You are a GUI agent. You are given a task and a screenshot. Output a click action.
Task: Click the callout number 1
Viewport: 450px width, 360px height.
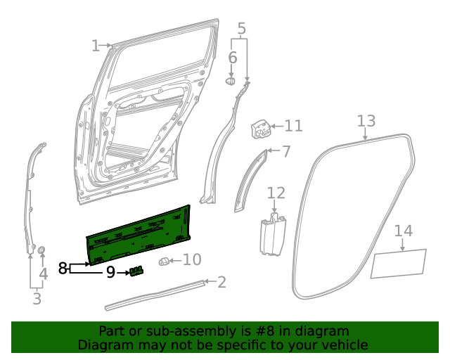tap(96, 46)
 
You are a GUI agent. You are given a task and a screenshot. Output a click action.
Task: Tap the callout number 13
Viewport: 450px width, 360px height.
tap(366, 121)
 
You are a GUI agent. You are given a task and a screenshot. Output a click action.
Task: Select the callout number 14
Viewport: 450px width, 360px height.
tap(403, 231)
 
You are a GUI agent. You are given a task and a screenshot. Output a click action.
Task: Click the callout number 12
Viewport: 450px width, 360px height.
tap(276, 193)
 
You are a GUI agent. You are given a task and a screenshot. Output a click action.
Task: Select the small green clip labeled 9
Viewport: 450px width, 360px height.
tap(136, 271)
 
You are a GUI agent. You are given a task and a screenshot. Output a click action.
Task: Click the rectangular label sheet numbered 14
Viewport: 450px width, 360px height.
tap(399, 262)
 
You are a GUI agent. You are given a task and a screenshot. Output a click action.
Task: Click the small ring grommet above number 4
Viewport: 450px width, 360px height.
tap(41, 250)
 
